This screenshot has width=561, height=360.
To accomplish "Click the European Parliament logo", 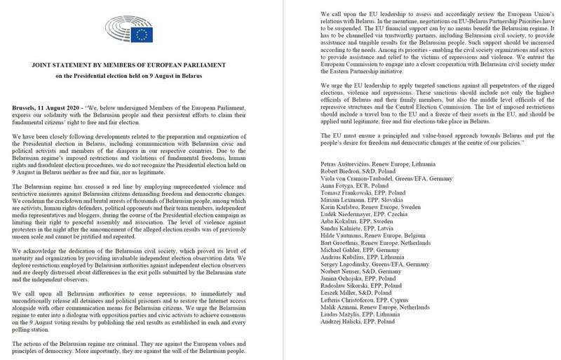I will tap(132, 31).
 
